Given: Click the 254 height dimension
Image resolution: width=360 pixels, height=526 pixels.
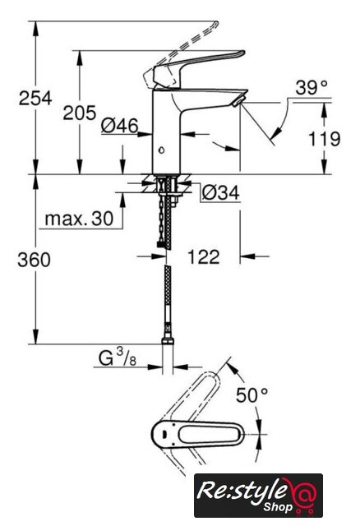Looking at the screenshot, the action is pyautogui.click(x=35, y=98).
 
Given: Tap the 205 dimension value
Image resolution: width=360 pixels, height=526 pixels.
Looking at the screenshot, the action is pyautogui.click(x=80, y=113).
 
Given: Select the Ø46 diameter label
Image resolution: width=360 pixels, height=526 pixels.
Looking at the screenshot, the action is pyautogui.click(x=119, y=126).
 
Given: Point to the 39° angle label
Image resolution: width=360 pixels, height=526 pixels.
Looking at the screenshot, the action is pyautogui.click(x=311, y=88).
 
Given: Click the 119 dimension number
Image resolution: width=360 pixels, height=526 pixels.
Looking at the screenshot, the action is pyautogui.click(x=324, y=139).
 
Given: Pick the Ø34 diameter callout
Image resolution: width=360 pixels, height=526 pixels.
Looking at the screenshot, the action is pyautogui.click(x=221, y=192).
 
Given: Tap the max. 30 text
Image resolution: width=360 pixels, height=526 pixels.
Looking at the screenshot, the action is pyautogui.click(x=79, y=219).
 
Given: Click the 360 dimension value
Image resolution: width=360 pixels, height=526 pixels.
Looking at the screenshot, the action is pyautogui.click(x=35, y=260).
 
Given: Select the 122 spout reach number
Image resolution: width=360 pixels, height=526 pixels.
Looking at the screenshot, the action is pyautogui.click(x=203, y=256).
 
